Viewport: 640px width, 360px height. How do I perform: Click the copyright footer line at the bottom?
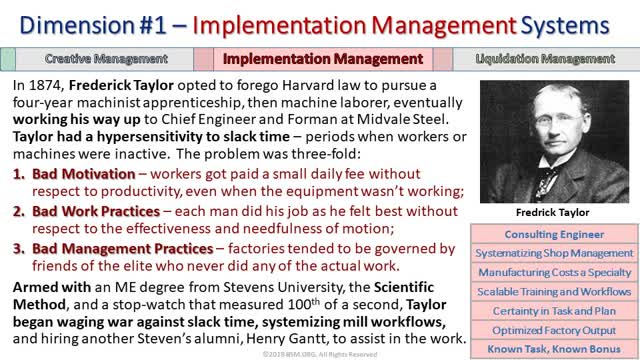point(320,354)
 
